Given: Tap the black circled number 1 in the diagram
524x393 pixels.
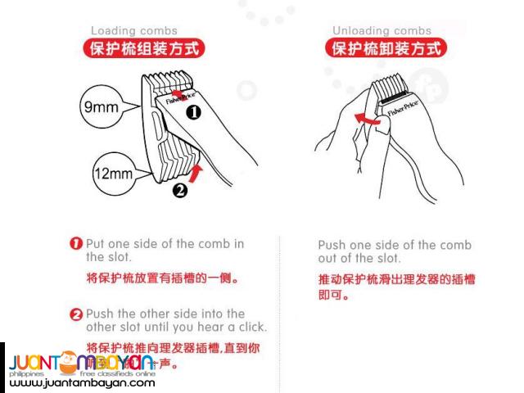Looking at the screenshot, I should (x=193, y=113).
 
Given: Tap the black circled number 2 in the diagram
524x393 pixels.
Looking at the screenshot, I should (x=181, y=191).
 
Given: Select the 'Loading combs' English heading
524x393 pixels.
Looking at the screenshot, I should (x=133, y=31).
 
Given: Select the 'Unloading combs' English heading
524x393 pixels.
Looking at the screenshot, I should (x=382, y=31).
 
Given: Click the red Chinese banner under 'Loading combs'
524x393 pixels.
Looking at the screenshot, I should (x=142, y=47).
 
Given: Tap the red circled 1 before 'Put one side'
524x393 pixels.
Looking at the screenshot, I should (x=76, y=244).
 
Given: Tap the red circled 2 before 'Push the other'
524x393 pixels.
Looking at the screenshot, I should (x=76, y=314).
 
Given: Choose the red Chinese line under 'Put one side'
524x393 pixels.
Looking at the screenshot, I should (x=163, y=278).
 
